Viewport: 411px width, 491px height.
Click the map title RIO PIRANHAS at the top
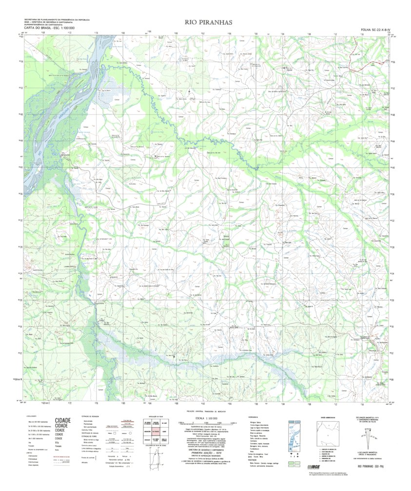pos(208,22)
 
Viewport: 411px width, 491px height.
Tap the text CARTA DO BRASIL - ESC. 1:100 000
pos(49,29)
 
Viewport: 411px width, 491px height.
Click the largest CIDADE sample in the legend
pos(62,420)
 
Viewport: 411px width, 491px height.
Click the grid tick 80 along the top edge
pos(123,34)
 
